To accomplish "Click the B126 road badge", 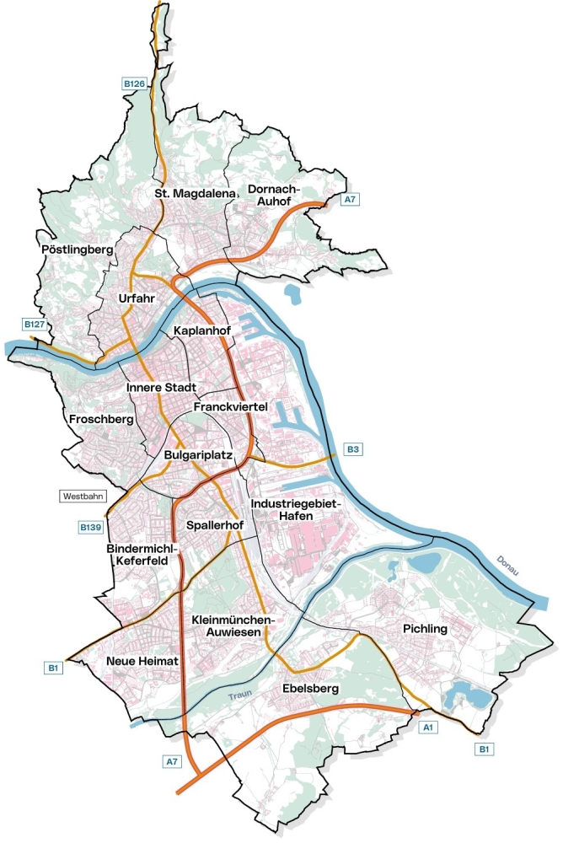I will click(134, 83).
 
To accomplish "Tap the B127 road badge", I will click(35, 325).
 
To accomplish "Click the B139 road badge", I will click(90, 528).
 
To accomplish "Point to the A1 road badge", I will click(427, 727).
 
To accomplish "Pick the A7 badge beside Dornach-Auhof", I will click(351, 200).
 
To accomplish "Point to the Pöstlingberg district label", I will click(77, 250).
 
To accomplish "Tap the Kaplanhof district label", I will click(202, 330).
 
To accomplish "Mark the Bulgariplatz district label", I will click(199, 455).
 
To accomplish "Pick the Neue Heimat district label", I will click(142, 662).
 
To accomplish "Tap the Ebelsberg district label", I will click(311, 690).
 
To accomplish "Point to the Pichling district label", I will click(424, 629).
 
